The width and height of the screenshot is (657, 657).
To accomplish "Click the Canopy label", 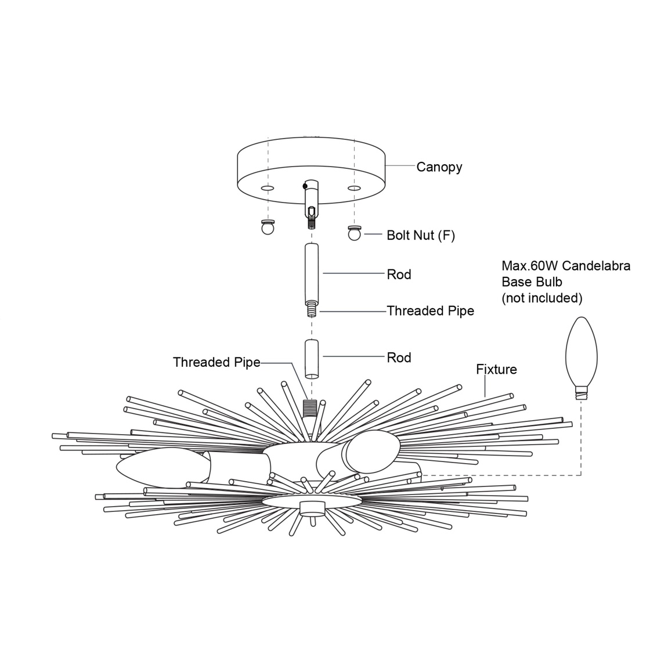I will point(439,167).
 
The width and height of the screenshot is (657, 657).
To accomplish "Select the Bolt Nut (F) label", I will point(421,235).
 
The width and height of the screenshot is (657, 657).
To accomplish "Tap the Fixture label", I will point(496,369).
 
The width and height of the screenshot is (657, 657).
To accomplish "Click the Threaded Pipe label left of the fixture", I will point(216,362).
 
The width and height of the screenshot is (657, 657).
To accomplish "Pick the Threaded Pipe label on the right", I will point(430,311).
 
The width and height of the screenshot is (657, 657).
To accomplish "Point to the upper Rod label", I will point(399,274).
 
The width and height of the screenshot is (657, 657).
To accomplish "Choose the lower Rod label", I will point(399,358).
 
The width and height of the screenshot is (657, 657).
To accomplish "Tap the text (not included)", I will point(542,298).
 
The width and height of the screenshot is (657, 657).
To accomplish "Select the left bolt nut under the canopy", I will point(267,228).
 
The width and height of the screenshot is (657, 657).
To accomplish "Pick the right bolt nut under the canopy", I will point(354,233).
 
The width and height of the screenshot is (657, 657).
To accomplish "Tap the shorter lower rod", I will point(312,358).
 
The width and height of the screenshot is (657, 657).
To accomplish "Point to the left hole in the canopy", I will point(267,189).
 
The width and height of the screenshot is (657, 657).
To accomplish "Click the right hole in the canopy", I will point(353,189).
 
